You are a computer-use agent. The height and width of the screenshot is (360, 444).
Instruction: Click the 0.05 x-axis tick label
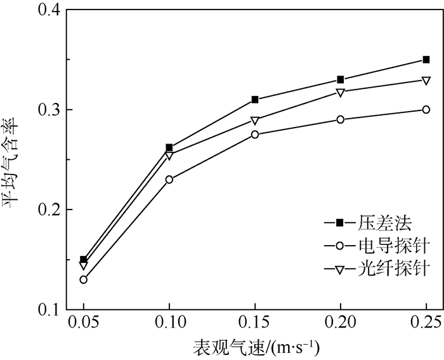tap(83, 323)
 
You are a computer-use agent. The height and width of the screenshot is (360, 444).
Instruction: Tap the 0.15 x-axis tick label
tap(254, 323)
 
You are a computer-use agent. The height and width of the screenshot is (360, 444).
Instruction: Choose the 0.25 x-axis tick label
tap(426, 323)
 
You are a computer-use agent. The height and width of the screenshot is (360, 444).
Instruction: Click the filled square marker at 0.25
tap(426, 60)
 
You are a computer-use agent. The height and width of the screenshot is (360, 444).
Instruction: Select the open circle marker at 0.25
tap(426, 110)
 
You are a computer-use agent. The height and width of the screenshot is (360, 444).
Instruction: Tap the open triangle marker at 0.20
tap(341, 92)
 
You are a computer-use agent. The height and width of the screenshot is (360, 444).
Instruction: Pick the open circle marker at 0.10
tap(169, 180)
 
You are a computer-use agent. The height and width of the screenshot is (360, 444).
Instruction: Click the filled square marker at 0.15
tap(255, 100)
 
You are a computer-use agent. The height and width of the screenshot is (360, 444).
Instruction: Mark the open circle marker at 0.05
tap(84, 279)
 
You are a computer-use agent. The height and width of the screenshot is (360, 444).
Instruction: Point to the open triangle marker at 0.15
tap(255, 120)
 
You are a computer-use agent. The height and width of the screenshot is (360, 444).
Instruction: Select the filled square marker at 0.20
tap(341, 79)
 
